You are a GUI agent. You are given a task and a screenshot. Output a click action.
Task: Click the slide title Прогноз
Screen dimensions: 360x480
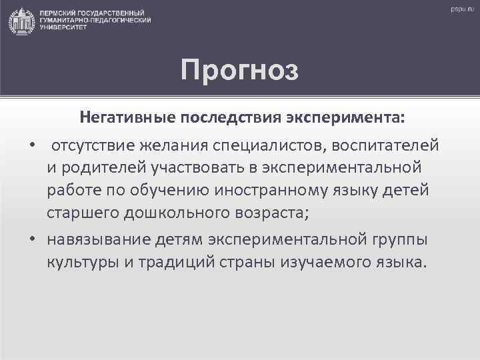240,70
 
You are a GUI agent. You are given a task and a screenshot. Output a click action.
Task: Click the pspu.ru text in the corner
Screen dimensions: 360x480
461,9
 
